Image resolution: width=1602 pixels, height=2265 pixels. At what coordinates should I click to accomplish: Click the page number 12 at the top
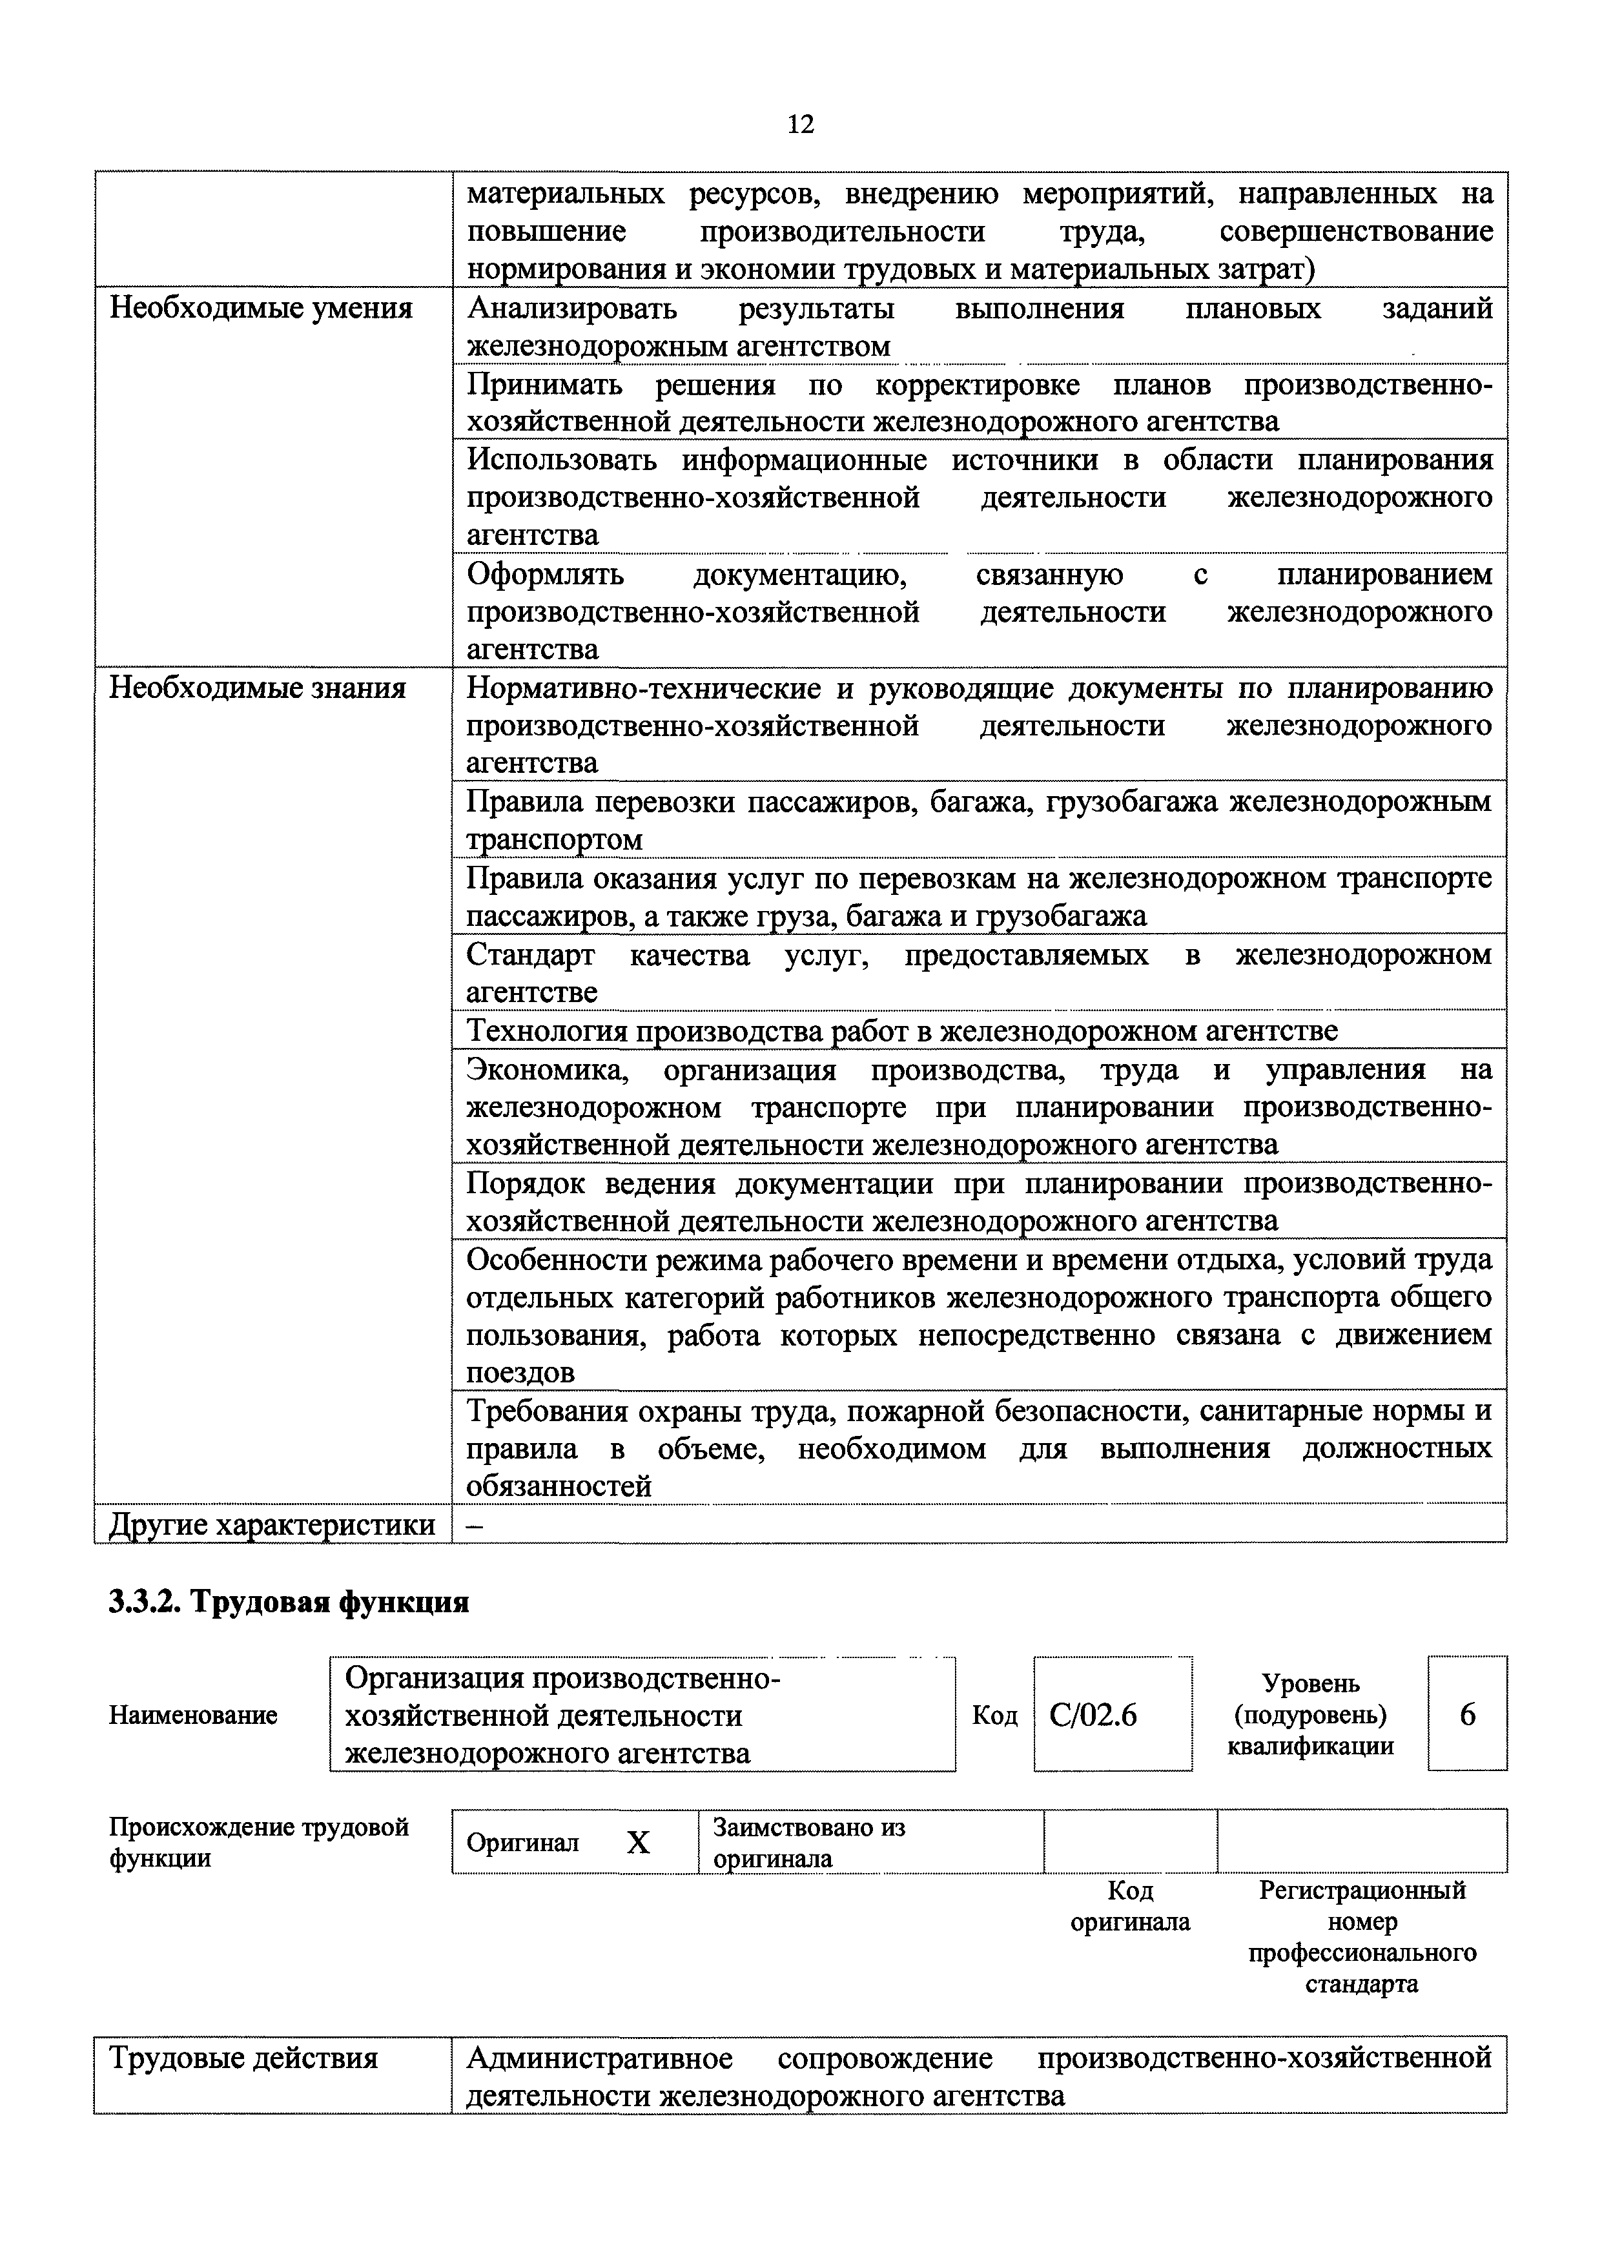[x=801, y=125]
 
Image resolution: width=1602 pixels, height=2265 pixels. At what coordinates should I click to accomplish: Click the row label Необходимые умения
[x=260, y=309]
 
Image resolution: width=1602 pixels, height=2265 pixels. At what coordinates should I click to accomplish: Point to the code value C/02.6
[x=1093, y=1716]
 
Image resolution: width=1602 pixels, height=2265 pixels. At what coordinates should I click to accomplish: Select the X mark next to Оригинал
[x=639, y=1843]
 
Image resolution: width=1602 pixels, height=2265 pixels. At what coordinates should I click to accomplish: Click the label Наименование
[x=193, y=1716]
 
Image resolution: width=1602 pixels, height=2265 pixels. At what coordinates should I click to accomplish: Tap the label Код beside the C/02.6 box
[x=994, y=1716]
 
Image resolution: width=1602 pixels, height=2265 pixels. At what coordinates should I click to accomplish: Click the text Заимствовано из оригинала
[x=809, y=1843]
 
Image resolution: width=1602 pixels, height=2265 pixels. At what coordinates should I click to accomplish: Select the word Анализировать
[x=572, y=309]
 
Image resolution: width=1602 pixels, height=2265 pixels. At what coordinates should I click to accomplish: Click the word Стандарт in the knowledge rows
[x=531, y=955]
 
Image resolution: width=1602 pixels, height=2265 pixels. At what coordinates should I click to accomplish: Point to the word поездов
[x=520, y=1372]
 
